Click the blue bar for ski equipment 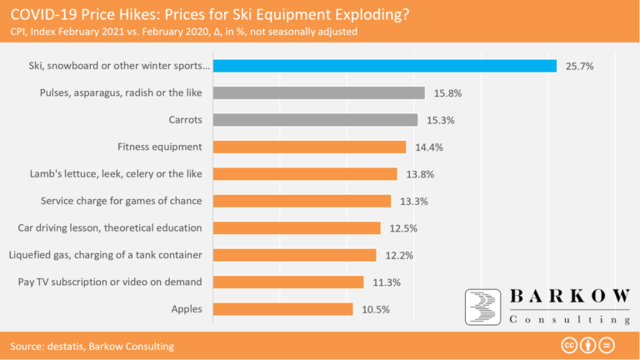click(x=385, y=66)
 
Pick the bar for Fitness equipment click(x=309, y=147)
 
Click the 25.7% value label click(x=579, y=66)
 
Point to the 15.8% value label click(x=447, y=93)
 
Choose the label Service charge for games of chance click(x=122, y=201)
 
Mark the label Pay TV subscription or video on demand click(x=110, y=282)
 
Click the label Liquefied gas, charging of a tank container click(x=105, y=255)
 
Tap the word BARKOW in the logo click(x=567, y=298)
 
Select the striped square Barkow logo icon click(x=482, y=307)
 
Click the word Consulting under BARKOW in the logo click(x=567, y=320)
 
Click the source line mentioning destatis click(x=92, y=346)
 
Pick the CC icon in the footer click(x=571, y=345)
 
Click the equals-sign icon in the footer click(x=607, y=345)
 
